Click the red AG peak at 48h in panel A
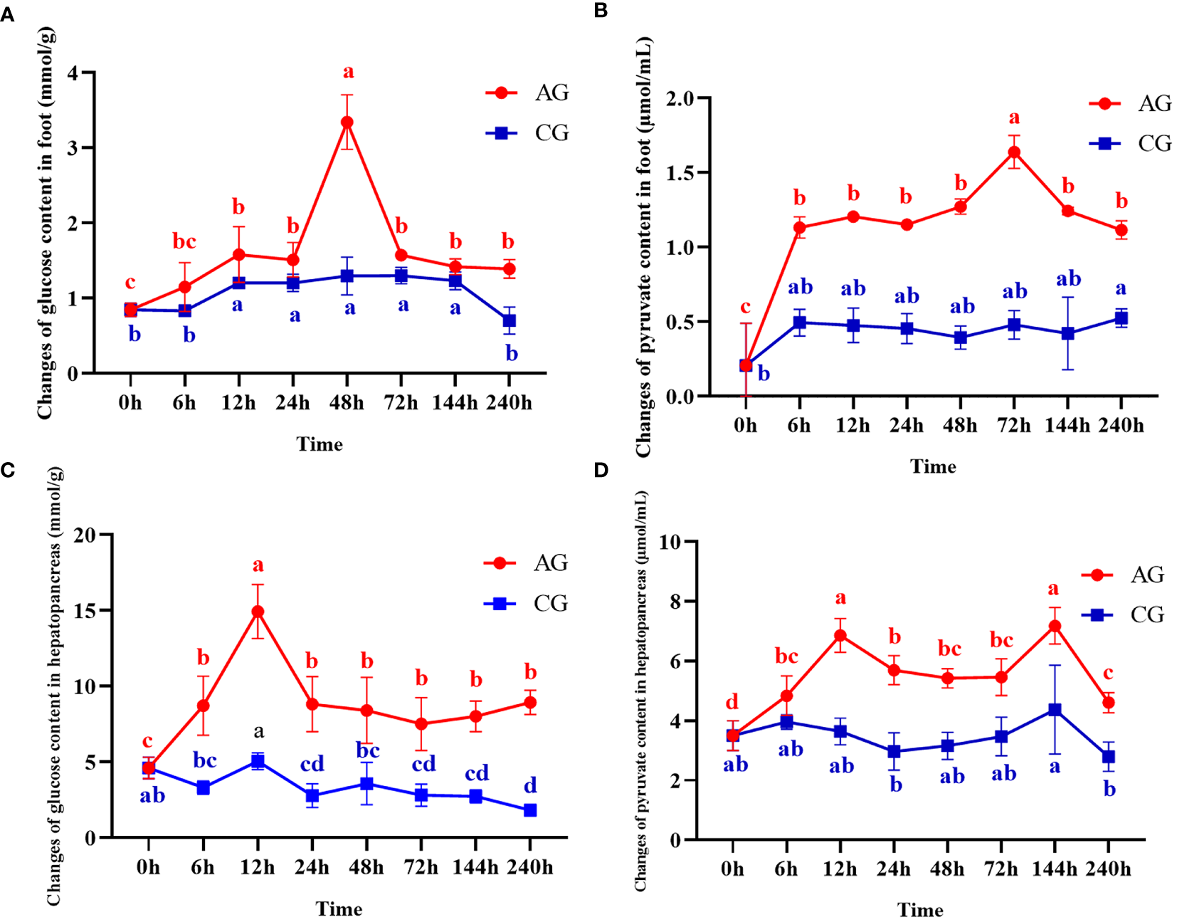tap(347, 122)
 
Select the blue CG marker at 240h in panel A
tap(510, 321)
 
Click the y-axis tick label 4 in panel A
tap(72, 73)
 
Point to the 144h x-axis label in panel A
tap(455, 403)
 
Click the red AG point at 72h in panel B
tap(1014, 152)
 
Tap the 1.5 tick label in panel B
tap(680, 173)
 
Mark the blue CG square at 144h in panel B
tap(1067, 333)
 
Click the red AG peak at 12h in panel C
tap(258, 612)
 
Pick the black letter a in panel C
tap(258, 730)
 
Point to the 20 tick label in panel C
tap(84, 535)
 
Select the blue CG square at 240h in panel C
tap(530, 810)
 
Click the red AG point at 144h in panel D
tap(1055, 627)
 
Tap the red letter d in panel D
tap(732, 702)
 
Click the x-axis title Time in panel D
tap(920, 910)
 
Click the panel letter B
tap(600, 11)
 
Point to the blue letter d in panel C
tap(530, 785)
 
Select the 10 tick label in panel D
tap(670, 543)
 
